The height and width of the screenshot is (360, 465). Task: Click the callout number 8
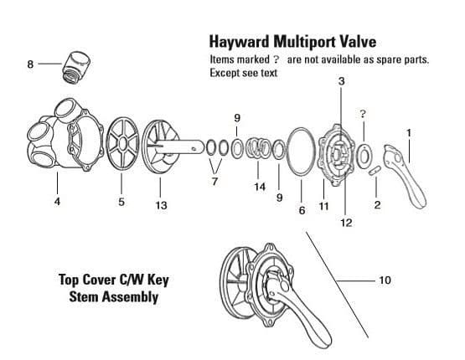click(31, 63)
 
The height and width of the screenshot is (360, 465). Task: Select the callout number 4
click(56, 202)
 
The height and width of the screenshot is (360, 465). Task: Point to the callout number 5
click(121, 202)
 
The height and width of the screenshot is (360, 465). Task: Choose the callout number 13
click(161, 206)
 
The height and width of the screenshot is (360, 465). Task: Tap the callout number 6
click(302, 209)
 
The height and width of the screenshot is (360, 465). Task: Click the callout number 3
click(340, 80)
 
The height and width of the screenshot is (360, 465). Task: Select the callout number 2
click(378, 206)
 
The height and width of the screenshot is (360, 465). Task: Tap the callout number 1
click(408, 132)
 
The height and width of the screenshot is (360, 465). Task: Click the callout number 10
click(385, 280)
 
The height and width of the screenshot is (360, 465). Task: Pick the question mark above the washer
click(362, 113)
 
